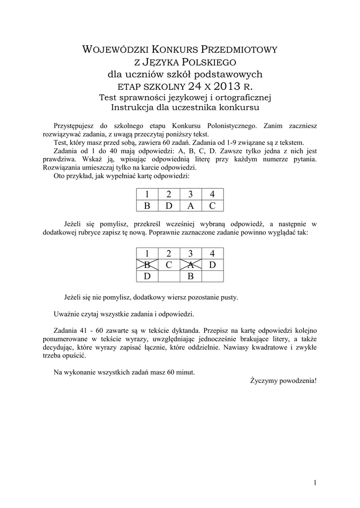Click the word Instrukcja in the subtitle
coord(136,107)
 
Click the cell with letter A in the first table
coord(191,205)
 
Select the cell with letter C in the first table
coord(213,205)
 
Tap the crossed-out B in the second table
coord(147,264)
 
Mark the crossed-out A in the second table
coord(191,264)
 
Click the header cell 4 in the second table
coord(213,253)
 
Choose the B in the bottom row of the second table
coord(191,276)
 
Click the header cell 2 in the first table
coord(169,194)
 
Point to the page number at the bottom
coord(315,482)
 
